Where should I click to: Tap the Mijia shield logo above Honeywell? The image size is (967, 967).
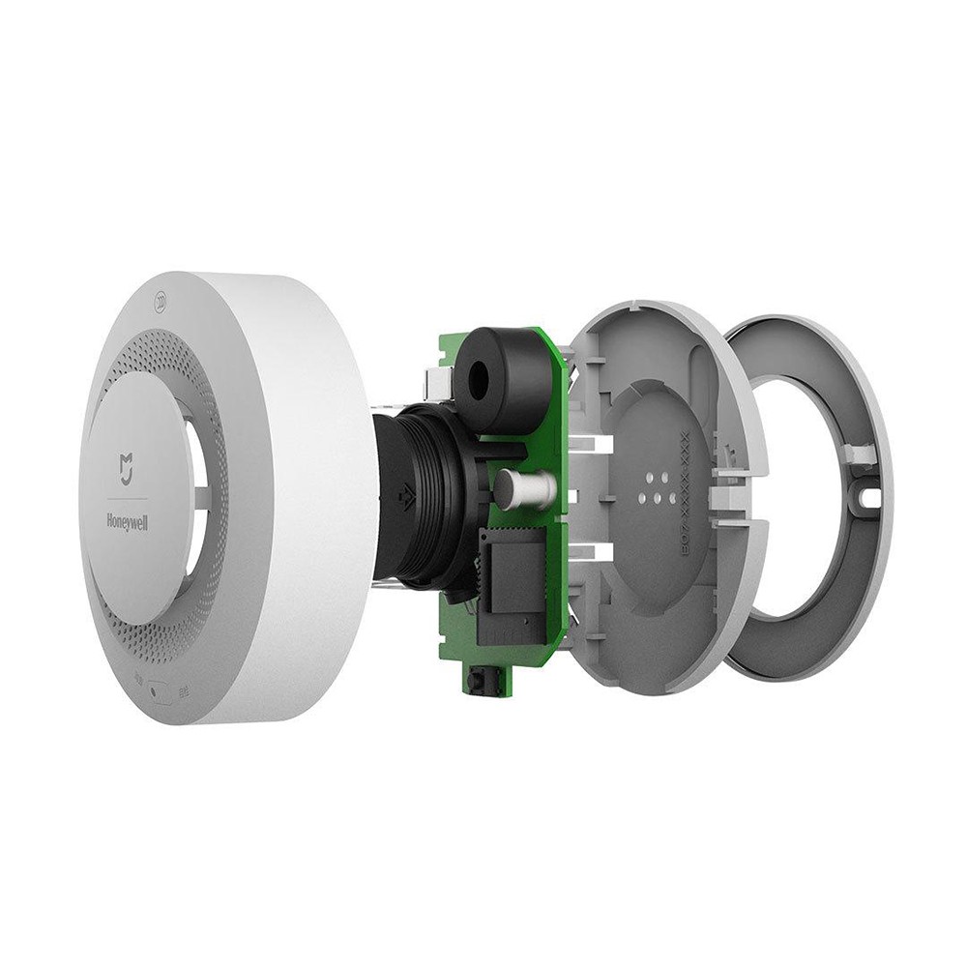(x=128, y=468)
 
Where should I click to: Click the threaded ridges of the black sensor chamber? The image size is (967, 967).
(x=440, y=493)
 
